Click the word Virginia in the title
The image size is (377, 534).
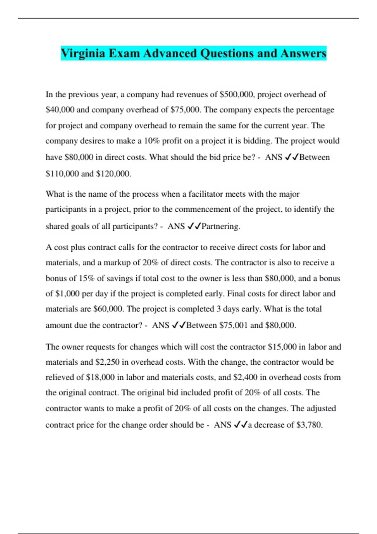point(83,53)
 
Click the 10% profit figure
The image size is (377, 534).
point(152,141)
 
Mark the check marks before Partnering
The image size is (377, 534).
point(194,226)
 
